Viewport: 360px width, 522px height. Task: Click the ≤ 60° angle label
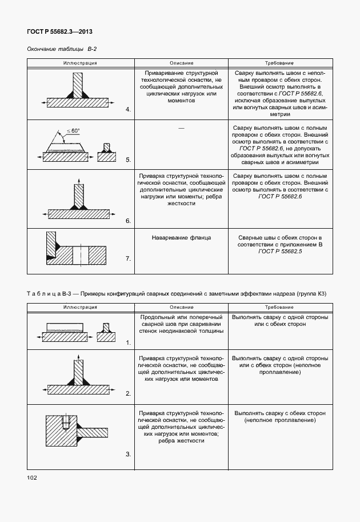73,131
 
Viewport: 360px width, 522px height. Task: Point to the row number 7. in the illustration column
127,258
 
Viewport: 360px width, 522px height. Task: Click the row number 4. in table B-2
128,109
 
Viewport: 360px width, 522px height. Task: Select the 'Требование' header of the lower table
279,306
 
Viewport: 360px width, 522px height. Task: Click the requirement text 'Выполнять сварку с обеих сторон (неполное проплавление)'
279,416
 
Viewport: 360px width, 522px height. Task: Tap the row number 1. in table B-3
128,342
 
